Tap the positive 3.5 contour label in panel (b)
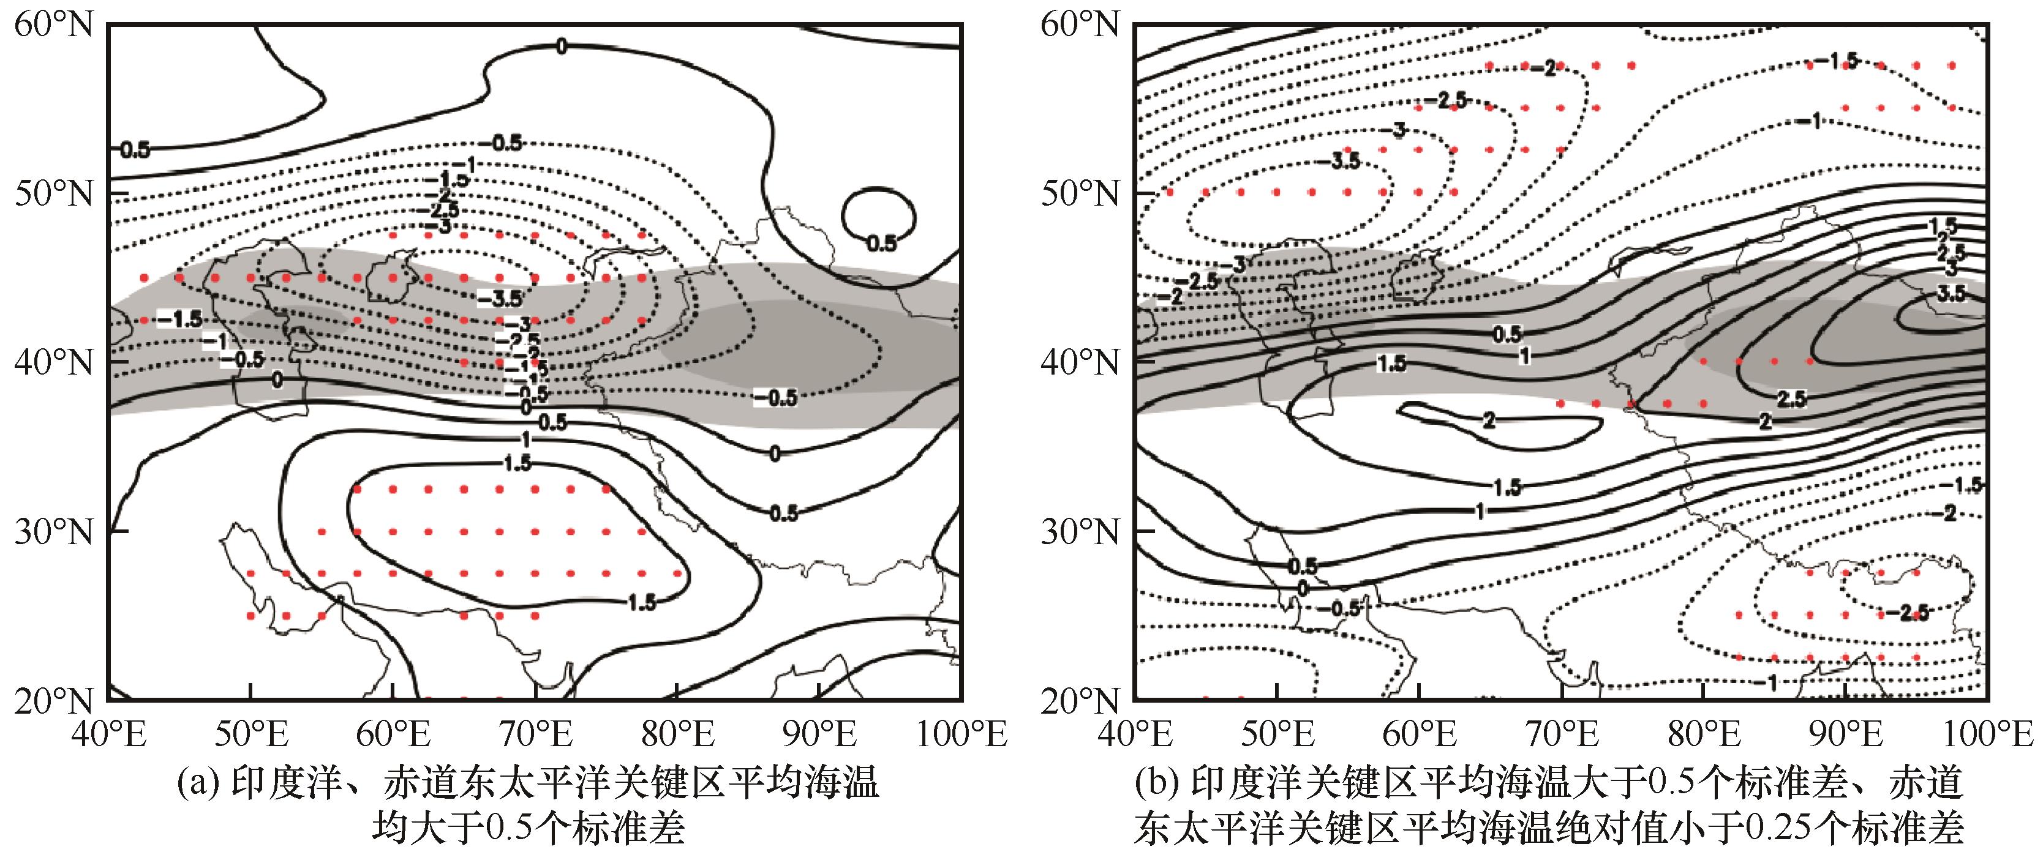click(x=1951, y=294)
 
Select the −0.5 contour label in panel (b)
click(x=1339, y=608)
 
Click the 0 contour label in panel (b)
click(x=1301, y=589)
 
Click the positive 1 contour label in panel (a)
click(x=525, y=438)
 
